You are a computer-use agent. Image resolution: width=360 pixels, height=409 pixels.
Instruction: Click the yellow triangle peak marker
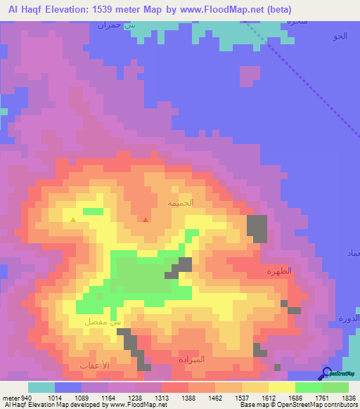(73, 220)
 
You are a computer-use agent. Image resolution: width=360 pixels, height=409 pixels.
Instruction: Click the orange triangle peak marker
(146, 220)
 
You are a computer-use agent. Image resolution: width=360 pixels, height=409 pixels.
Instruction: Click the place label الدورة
(349, 318)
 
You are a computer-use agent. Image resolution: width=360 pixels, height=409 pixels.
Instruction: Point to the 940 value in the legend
(20, 398)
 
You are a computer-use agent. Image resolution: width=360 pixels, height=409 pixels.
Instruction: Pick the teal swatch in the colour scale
(41, 387)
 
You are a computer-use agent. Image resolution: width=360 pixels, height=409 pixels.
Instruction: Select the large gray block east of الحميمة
(257, 229)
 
